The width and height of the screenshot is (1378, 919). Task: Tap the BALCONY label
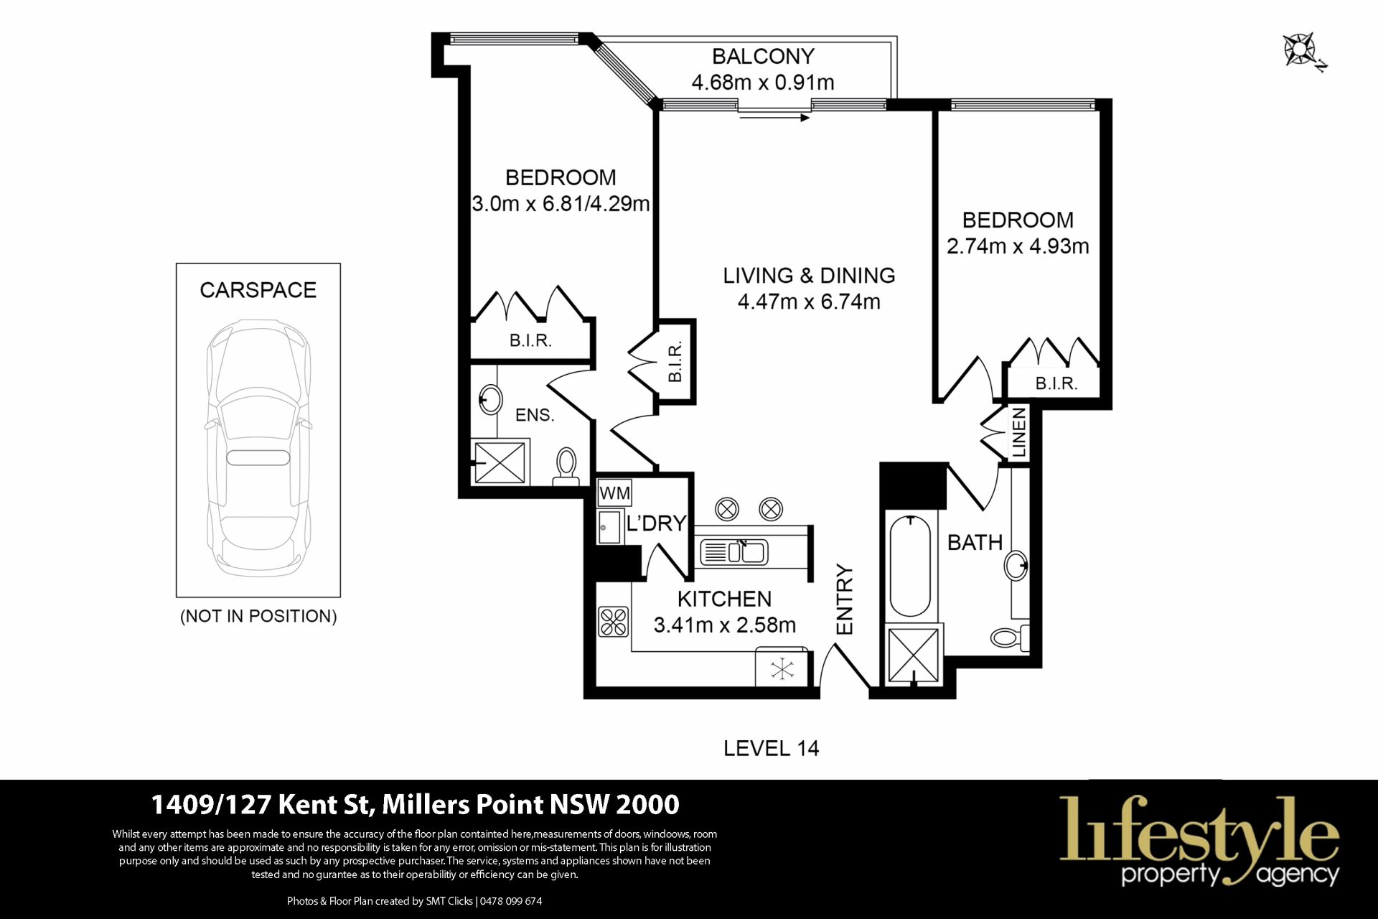point(763,56)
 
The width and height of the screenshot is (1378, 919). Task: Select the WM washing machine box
point(614,493)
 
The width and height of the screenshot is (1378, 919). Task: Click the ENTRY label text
point(845,600)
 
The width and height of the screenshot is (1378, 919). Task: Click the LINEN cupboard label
point(1018,432)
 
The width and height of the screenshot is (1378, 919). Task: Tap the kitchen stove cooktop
point(614,622)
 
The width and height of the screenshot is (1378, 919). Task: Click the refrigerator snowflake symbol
point(782,670)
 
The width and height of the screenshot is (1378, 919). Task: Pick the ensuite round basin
point(491,399)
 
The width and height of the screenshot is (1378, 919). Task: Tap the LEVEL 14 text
point(771,748)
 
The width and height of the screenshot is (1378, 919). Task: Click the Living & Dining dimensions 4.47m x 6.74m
point(809,302)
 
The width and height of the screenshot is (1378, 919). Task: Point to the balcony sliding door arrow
point(774,117)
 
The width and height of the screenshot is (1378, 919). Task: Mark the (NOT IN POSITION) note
point(258,616)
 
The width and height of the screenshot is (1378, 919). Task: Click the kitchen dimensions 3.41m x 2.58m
point(725,625)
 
